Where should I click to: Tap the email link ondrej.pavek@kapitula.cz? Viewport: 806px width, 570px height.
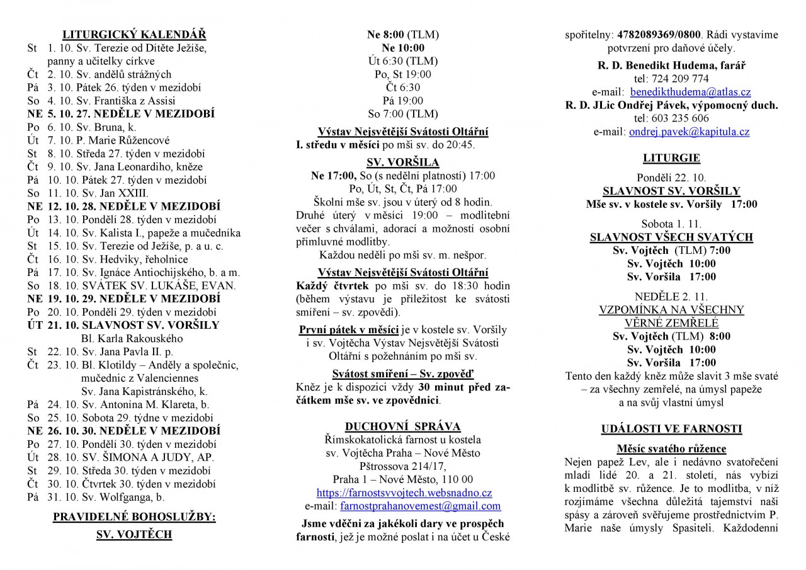(689, 132)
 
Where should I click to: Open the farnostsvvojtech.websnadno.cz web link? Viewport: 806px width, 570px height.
(404, 493)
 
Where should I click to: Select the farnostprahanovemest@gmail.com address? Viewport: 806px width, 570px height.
(420, 506)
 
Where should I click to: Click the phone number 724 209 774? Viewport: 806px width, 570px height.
(671, 79)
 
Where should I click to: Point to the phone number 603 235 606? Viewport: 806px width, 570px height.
(671, 118)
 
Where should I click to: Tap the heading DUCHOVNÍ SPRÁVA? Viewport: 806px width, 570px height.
(402, 426)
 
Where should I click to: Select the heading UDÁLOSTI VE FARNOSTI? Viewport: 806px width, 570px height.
(671, 430)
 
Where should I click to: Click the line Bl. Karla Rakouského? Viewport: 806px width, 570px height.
(132, 338)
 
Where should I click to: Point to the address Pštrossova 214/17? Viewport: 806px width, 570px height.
(403, 466)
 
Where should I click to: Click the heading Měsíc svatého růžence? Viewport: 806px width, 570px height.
(671, 449)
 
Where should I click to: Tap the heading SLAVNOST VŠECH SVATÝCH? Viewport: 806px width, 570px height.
(671, 237)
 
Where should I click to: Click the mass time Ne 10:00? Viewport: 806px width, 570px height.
(403, 48)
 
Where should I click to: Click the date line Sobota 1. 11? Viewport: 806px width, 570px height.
(671, 224)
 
